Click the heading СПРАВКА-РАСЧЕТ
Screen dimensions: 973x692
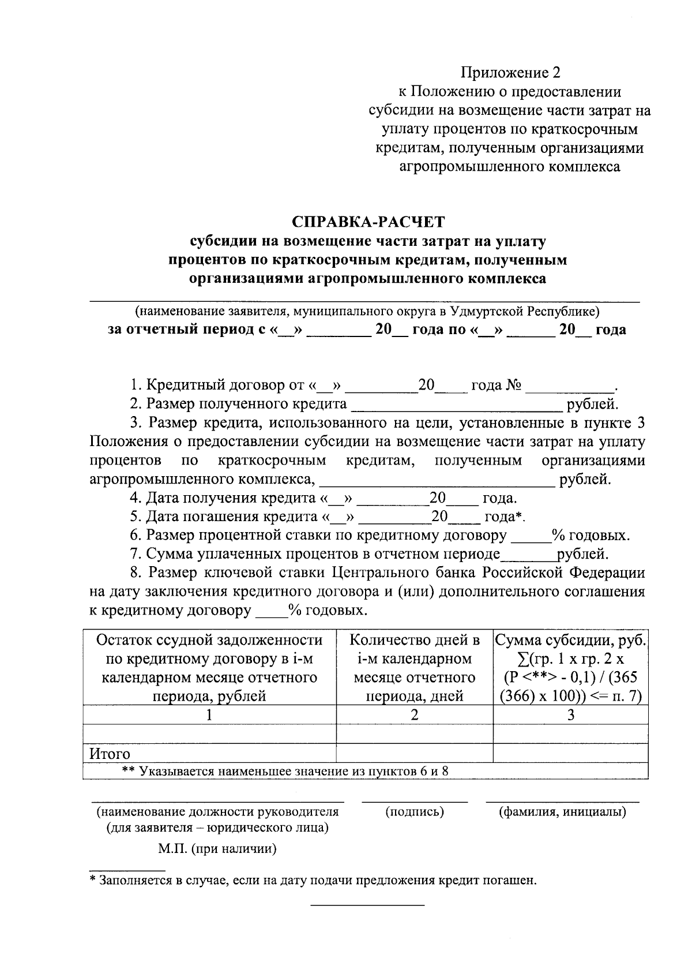pos(368,222)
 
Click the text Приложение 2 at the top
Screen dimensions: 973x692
pos(510,73)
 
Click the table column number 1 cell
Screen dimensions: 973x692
pos(209,714)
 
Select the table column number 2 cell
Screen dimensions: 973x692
pos(414,714)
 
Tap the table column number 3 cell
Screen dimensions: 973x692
pos(570,714)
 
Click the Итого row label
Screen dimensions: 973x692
pos(110,754)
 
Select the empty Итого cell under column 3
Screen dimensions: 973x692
pos(570,753)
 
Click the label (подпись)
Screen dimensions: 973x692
pos(414,812)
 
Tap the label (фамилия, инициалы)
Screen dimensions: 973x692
pos(562,812)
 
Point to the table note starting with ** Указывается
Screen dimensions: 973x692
pos(285,771)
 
